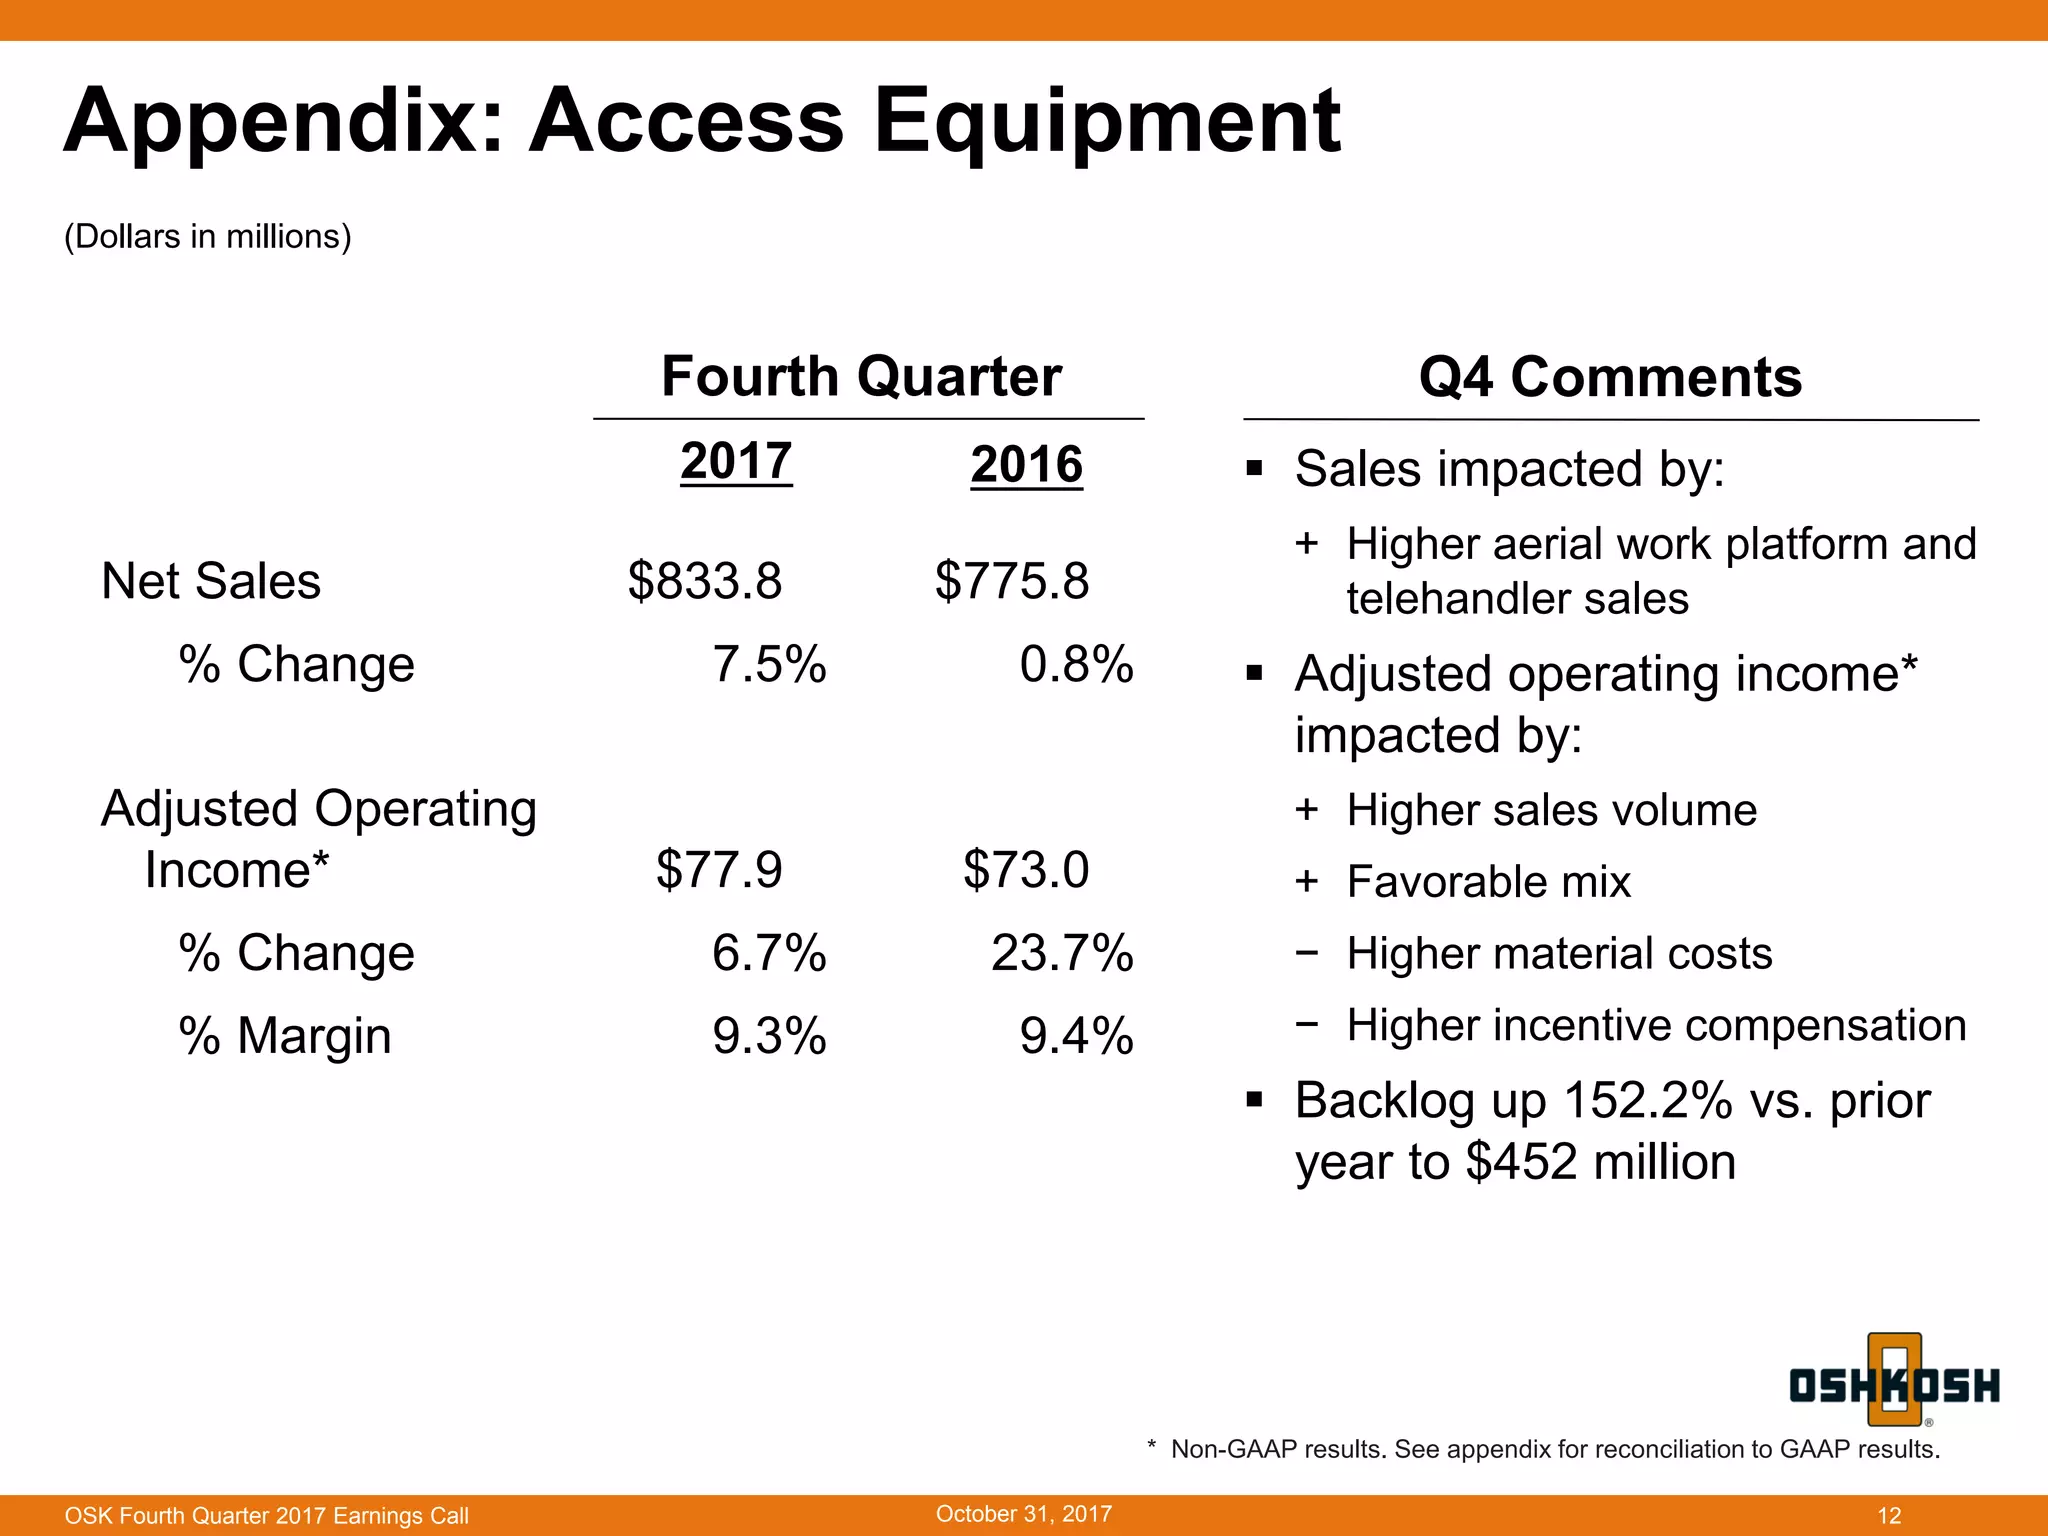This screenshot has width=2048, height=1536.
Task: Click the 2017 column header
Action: coord(736,462)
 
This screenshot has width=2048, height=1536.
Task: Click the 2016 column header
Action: coord(1026,465)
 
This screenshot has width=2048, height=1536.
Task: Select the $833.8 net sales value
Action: coord(705,581)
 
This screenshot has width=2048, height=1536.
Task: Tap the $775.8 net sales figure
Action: coord(1012,581)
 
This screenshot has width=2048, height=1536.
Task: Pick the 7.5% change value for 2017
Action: coord(769,664)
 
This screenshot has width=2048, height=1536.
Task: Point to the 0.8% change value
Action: coord(1076,664)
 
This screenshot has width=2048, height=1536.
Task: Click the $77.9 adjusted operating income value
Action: coord(719,869)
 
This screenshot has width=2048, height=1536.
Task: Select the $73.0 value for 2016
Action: coord(1026,869)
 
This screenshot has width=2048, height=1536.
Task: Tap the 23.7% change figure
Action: coord(1062,952)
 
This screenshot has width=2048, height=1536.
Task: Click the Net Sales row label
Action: coord(211,581)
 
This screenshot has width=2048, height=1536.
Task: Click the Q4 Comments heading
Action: coord(1610,377)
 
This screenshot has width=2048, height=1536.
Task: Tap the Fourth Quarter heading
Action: coord(861,377)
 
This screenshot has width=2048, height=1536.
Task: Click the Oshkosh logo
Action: coord(1894,1383)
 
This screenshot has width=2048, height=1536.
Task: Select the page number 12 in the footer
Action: coord(1889,1515)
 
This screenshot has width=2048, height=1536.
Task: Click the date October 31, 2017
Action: coord(1023,1513)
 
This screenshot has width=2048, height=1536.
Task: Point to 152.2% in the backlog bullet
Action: coord(1646,1101)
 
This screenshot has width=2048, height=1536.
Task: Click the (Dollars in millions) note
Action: coord(208,237)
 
